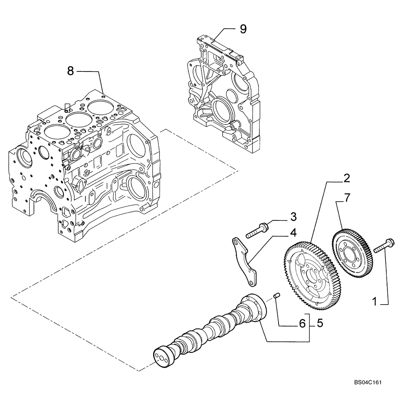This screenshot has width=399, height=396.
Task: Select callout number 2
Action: click(x=347, y=178)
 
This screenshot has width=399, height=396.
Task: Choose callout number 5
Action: click(x=320, y=323)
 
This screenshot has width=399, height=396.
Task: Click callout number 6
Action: click(x=302, y=324)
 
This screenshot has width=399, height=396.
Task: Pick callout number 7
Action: click(x=347, y=198)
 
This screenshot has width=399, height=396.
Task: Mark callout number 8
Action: click(x=71, y=71)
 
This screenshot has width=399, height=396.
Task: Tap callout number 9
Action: click(x=243, y=29)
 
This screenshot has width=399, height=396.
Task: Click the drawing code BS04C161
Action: click(x=367, y=382)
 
